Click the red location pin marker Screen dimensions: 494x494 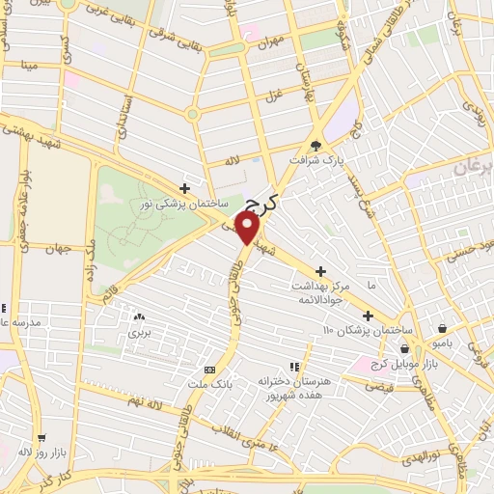click(x=248, y=228)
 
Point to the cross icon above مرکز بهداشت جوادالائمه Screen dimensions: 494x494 click(x=321, y=271)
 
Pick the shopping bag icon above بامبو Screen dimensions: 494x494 click(x=442, y=328)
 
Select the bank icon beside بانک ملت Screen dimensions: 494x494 click(x=209, y=370)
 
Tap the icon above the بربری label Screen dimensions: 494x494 click(x=139, y=316)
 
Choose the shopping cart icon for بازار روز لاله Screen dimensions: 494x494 click(x=41, y=437)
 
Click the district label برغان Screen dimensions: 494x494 click(x=472, y=166)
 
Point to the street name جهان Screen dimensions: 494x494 click(x=62, y=249)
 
